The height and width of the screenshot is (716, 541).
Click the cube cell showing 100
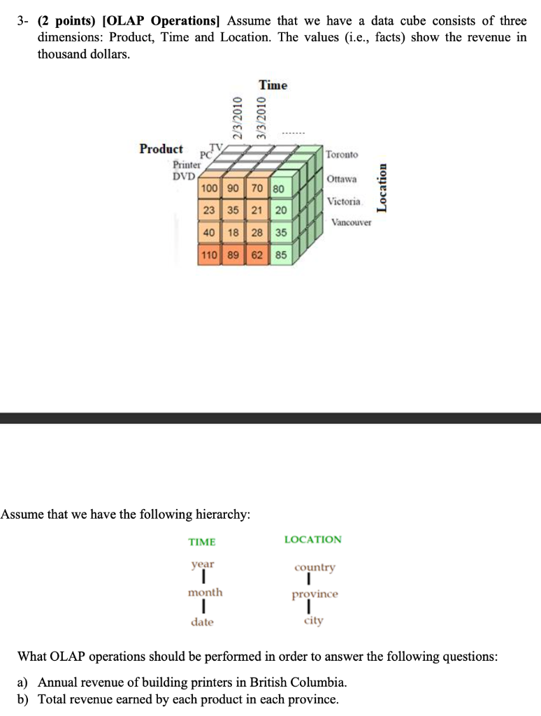(208, 189)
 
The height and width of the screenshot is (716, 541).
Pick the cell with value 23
(208, 211)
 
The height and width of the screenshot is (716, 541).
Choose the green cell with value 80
(278, 189)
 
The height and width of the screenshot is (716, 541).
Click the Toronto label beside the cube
(342, 154)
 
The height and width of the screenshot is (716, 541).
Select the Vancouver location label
(352, 223)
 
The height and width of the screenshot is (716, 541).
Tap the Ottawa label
(342, 179)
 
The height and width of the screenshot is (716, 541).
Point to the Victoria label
(344, 201)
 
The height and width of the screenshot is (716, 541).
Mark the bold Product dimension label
(161, 149)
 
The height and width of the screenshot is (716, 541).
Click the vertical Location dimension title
(382, 187)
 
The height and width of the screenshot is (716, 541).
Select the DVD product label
(184, 176)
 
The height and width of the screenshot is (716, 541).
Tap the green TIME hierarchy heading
(202, 542)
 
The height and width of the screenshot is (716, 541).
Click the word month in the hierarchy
(205, 592)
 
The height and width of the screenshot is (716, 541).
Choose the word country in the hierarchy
(315, 567)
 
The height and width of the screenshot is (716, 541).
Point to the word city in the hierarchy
(313, 621)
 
